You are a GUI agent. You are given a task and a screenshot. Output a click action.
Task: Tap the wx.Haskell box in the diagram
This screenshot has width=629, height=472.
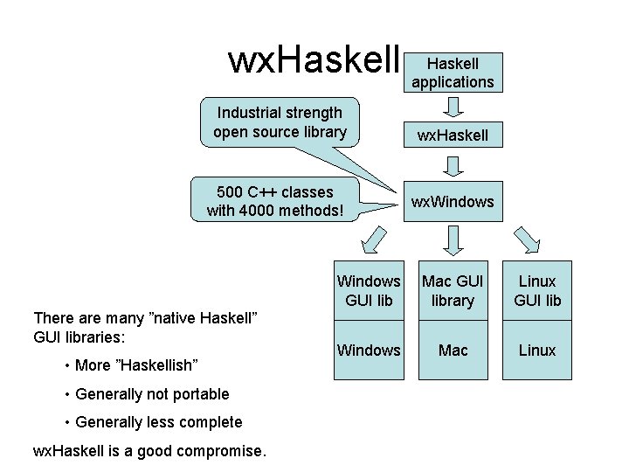453,135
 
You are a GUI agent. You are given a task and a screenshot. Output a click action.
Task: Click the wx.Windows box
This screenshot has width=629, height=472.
453,202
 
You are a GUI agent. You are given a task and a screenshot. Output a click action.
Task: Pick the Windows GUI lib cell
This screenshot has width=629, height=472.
369,291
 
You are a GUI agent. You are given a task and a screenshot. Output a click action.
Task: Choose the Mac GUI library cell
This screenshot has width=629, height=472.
453,291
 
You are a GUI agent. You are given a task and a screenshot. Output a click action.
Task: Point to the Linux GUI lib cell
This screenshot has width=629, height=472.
537,291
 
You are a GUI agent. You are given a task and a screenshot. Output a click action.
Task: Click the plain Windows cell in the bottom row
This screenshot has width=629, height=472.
369,351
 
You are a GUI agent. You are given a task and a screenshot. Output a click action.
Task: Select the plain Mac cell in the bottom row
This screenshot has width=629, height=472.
453,351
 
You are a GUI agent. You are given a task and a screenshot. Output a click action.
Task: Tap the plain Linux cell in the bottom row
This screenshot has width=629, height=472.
537,351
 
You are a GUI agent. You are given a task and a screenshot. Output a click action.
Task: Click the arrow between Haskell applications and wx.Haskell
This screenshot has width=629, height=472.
453,106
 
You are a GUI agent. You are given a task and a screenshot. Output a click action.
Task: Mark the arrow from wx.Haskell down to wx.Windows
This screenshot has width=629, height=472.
453,167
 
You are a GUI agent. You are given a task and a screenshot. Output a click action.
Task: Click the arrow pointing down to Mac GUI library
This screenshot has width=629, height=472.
453,239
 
